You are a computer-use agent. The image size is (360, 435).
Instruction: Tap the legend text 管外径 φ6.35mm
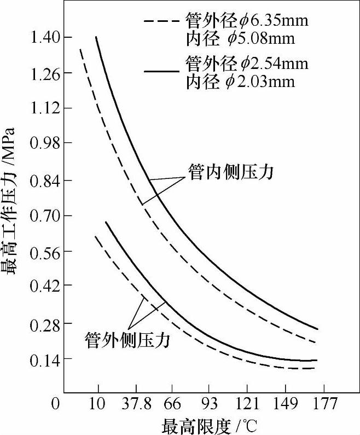(247, 21)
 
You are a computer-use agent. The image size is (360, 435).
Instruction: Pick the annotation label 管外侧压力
(128, 340)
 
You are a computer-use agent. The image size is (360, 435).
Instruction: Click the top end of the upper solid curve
(96, 37)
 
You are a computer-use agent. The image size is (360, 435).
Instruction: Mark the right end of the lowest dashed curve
(316, 368)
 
